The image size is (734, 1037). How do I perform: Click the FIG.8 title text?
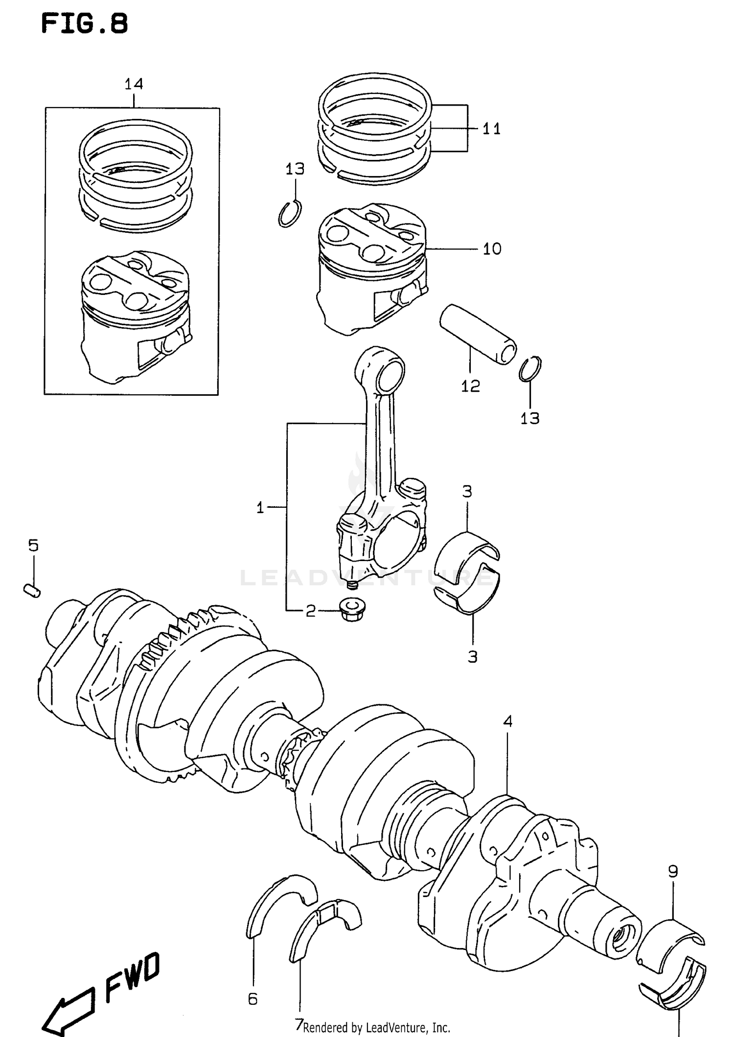pos(84,23)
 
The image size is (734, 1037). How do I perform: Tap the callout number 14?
pos(134,84)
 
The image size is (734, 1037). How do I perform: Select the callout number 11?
pos(491,129)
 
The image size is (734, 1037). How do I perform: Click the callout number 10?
pos(492,249)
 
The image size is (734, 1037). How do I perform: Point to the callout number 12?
pos(470,386)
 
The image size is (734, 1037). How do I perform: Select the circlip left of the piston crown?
pos(290,214)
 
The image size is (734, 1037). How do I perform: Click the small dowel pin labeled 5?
pos(32,590)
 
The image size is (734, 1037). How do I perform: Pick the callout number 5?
pos(33,545)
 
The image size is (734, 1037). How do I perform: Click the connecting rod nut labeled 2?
pos(351,609)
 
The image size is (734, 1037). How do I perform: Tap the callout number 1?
pos(260,508)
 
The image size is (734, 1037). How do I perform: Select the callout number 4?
pos(507,721)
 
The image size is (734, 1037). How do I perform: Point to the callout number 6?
pos(252,999)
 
